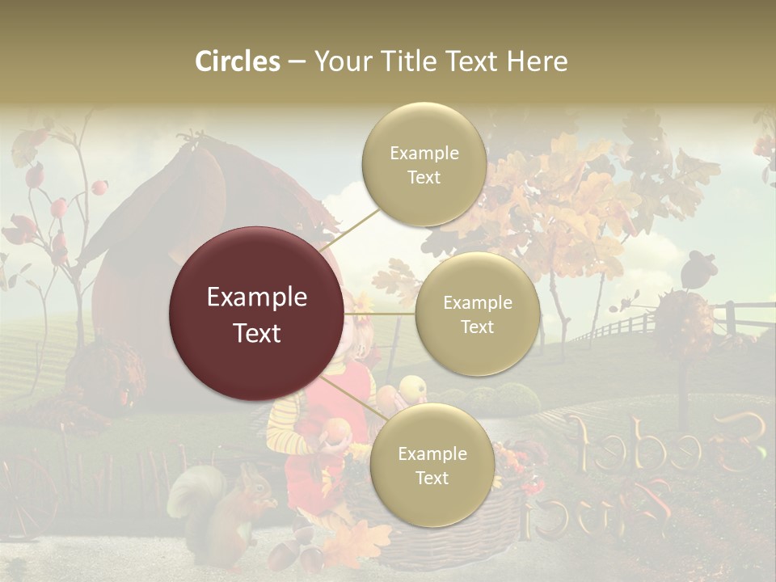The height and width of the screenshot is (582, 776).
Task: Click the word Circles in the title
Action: click(x=237, y=61)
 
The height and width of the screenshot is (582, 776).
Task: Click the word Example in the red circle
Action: click(x=257, y=297)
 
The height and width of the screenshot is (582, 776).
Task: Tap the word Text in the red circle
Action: click(x=257, y=333)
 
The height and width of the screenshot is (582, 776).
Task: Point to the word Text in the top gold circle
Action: click(x=424, y=178)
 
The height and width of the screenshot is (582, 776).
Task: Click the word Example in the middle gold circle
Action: click(x=477, y=303)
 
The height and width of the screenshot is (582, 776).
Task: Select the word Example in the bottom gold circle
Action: click(x=432, y=454)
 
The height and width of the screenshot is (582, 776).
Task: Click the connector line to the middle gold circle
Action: click(x=380, y=314)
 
